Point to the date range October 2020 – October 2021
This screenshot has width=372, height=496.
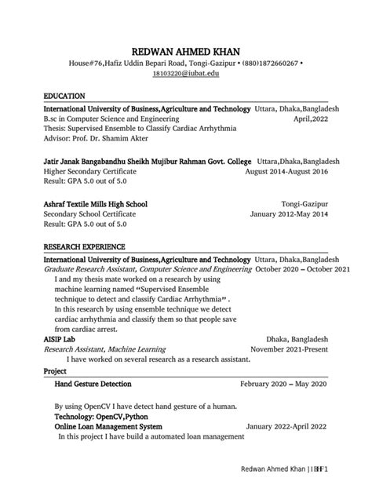(291, 268)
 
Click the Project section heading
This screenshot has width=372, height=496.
(55, 370)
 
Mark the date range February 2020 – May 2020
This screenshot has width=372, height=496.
(283, 385)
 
